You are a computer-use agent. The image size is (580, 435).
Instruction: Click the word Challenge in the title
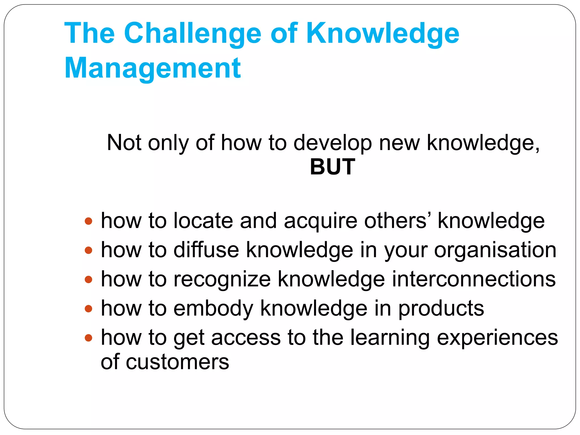coord(192,34)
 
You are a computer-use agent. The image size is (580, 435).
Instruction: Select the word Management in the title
coord(153,68)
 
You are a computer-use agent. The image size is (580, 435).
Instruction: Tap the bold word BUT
coord(332,167)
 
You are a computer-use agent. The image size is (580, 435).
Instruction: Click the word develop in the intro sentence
coord(332,143)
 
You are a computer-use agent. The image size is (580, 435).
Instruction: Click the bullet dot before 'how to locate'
coord(89,221)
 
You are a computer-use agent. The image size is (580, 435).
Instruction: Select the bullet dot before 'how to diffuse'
coord(89,250)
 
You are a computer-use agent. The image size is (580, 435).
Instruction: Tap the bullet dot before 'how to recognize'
coord(89,280)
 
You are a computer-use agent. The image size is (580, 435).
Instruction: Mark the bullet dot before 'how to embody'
coord(89,308)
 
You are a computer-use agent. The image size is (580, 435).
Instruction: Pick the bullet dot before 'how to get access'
coord(89,338)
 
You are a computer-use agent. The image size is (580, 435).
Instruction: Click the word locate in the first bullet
coord(203,221)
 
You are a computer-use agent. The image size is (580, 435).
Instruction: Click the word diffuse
coord(206,250)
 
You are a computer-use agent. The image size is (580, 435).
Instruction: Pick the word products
coord(441,309)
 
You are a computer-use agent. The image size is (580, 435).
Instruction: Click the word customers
coord(177,362)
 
